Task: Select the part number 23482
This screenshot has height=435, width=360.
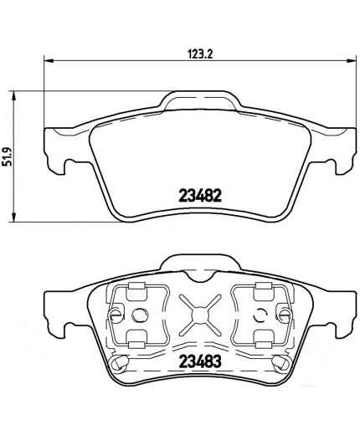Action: tap(199, 198)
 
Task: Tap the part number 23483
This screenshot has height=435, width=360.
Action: tap(198, 366)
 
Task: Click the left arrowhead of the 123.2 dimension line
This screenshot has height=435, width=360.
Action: tap(46, 60)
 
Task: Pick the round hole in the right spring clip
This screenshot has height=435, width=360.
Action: tap(263, 315)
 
